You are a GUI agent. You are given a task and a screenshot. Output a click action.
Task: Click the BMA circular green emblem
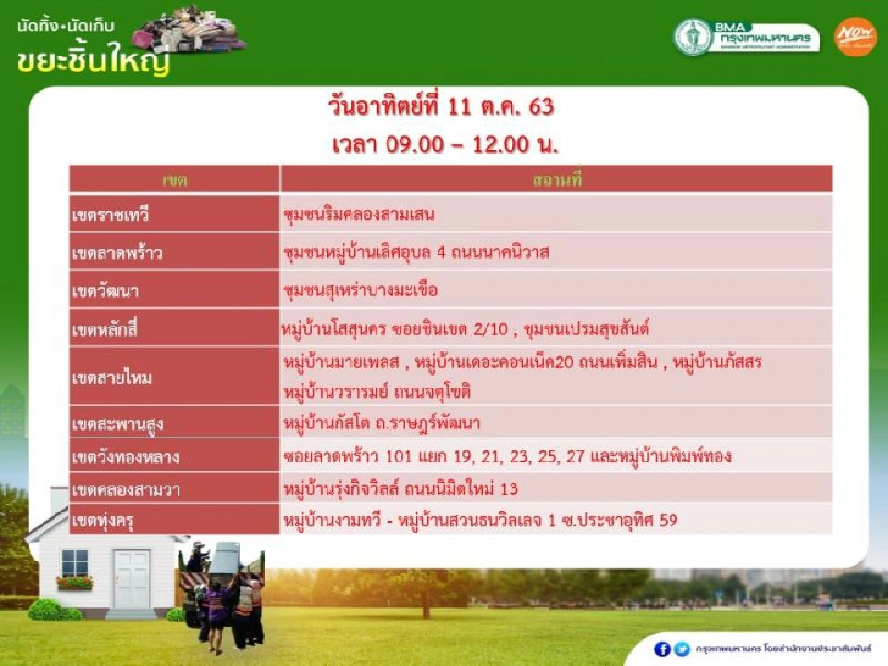tap(693, 37)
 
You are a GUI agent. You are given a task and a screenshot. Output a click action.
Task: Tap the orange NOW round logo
tap(855, 37)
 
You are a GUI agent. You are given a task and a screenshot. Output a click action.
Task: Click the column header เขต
tap(174, 179)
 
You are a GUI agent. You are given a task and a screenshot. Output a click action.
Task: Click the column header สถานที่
tap(556, 179)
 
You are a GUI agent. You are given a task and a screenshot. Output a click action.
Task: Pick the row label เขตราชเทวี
tap(110, 216)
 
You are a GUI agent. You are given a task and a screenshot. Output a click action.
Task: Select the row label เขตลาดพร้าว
tap(117, 253)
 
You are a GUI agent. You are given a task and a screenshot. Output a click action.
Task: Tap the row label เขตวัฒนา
tap(107, 290)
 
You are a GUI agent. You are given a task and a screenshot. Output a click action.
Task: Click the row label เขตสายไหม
tap(111, 376)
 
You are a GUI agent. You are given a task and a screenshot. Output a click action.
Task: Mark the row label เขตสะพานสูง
tap(117, 425)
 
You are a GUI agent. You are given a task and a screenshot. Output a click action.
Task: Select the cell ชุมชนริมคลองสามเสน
tap(360, 216)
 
